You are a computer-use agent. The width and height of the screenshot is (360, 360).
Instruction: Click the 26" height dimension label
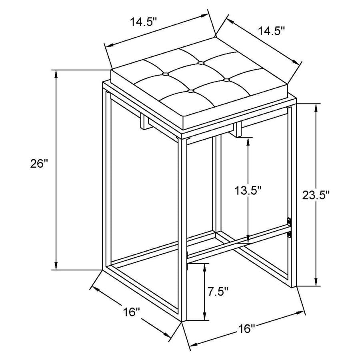click(39, 164)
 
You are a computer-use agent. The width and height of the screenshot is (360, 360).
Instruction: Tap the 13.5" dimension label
click(248, 190)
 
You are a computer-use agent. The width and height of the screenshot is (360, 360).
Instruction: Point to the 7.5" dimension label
click(218, 291)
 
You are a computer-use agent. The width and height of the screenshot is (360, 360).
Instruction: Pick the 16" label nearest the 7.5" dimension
click(246, 329)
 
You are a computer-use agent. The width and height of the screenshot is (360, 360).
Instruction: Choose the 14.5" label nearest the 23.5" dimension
click(272, 31)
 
